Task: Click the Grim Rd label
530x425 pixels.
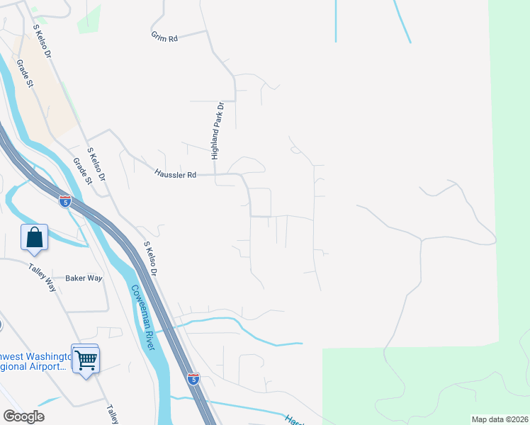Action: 164,37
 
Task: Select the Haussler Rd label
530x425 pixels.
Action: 174,173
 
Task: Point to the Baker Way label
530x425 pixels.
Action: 84,278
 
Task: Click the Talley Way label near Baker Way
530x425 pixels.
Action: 42,278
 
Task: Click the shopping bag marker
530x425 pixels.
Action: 34,237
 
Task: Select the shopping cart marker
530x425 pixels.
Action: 86,359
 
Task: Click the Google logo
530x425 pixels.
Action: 23,416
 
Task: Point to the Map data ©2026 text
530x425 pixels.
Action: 500,419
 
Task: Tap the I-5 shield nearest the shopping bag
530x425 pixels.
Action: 65,202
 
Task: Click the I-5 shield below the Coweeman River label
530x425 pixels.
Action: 193,379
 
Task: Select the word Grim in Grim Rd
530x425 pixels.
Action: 158,36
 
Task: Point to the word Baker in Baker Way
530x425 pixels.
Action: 75,278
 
